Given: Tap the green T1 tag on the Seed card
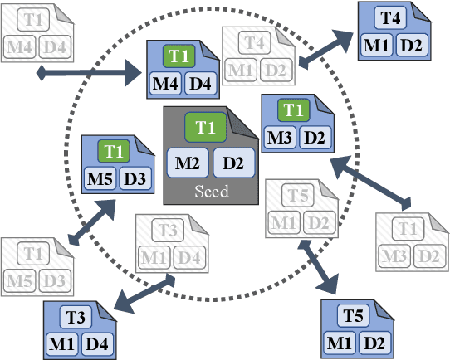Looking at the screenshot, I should [206, 128].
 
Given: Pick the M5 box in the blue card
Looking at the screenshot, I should [100, 177].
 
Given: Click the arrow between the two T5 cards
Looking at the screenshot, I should [321, 265].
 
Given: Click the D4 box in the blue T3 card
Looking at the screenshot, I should [94, 340].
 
